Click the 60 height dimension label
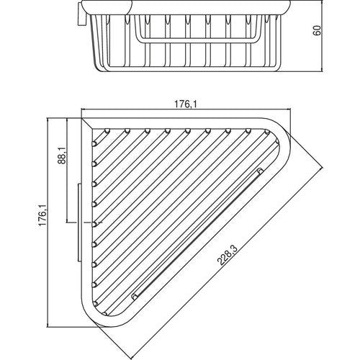(318, 30)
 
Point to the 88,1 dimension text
(62, 156)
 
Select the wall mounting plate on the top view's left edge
(79, 222)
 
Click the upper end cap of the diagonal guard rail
(260, 171)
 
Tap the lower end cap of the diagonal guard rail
(134, 297)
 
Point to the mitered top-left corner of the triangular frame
(87, 123)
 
